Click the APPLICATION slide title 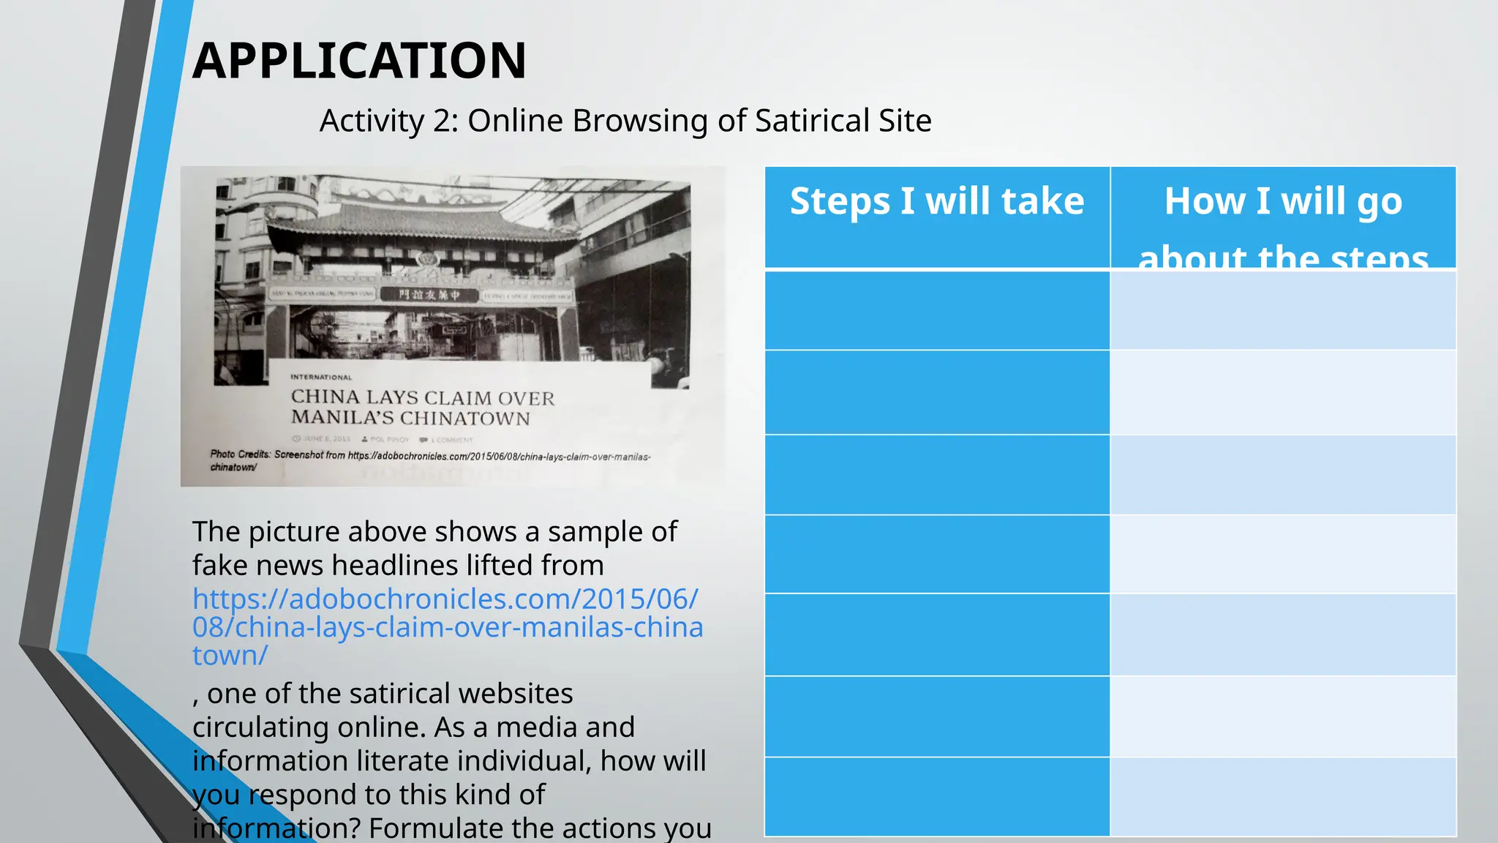pos(359,61)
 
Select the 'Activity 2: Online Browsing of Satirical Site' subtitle pos(625,121)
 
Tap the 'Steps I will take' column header pos(937,201)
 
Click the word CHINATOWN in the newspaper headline pos(465,419)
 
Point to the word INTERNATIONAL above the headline pos(321,378)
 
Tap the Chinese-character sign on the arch pos(429,295)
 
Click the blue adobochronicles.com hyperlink pos(446,627)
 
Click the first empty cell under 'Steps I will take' pos(937,310)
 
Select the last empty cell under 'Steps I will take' pos(937,796)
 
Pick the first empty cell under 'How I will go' pos(1283,310)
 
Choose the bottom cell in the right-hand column pos(1283,796)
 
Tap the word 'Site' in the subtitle pos(905,121)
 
